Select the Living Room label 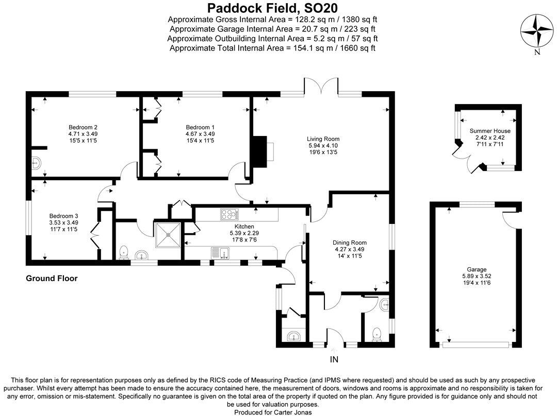click(x=323, y=138)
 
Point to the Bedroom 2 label click(x=83, y=127)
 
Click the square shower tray click(x=168, y=234)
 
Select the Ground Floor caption click(x=52, y=279)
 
